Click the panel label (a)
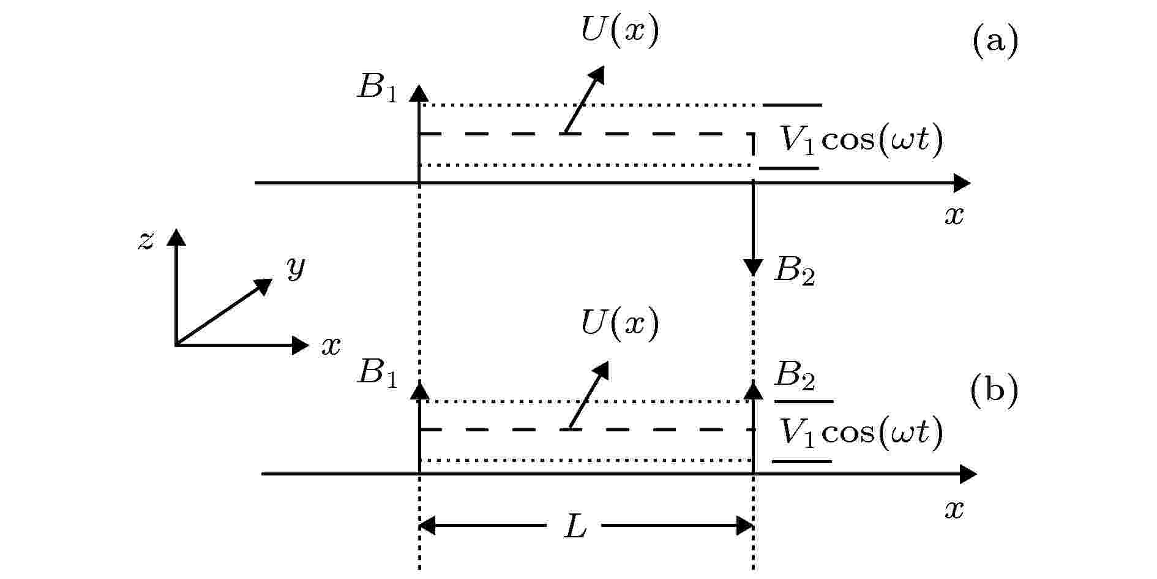point(995,42)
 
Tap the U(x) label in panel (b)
point(620,323)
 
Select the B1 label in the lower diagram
point(378,373)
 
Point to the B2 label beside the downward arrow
point(795,271)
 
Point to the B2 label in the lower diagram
point(795,376)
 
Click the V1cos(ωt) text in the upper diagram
point(861,141)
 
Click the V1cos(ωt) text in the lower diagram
point(861,432)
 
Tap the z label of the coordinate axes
point(146,241)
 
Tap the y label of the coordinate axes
point(296,268)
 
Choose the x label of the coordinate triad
point(331,347)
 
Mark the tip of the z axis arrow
point(176,229)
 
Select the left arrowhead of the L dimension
point(427,526)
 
